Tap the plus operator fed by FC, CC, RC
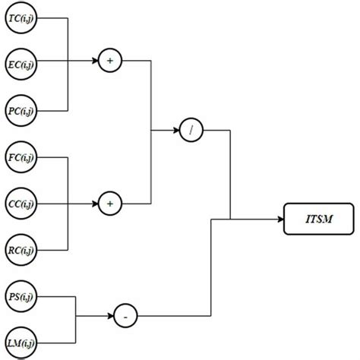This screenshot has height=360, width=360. pos(110,204)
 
